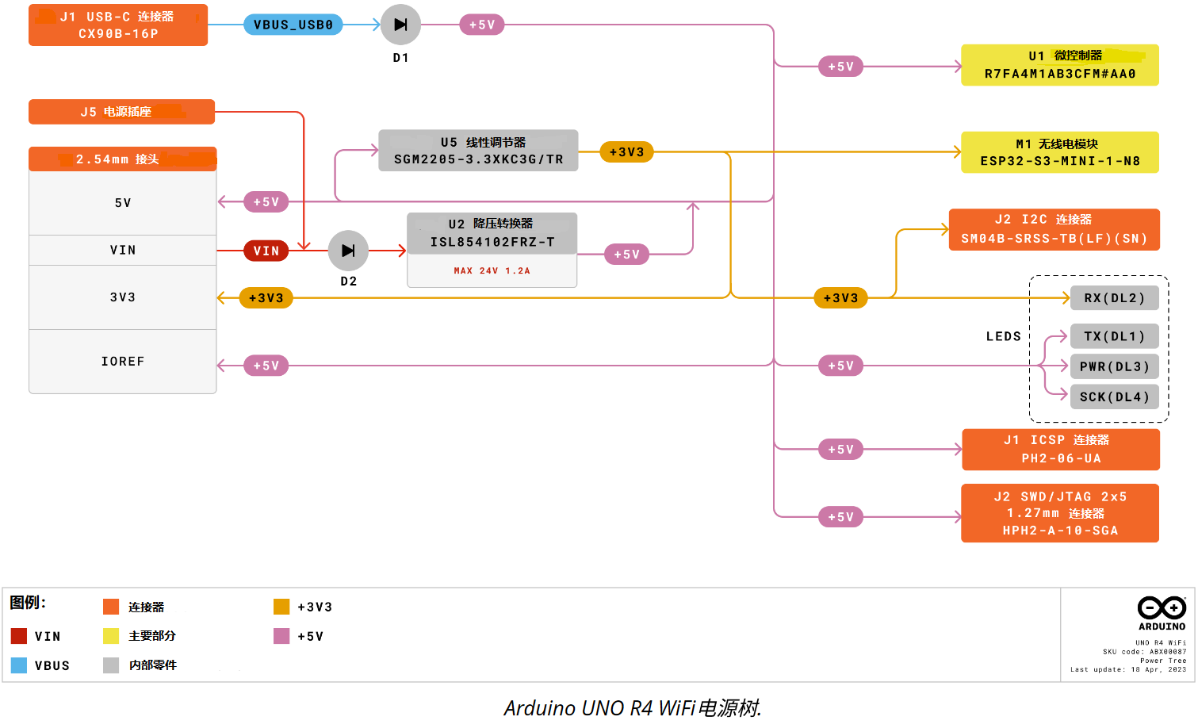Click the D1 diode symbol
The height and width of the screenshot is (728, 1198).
point(400,25)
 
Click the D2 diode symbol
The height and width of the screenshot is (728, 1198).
point(348,251)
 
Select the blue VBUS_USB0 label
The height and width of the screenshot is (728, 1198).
point(293,25)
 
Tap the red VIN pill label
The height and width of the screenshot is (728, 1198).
point(266,251)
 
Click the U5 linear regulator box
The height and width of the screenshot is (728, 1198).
point(478,151)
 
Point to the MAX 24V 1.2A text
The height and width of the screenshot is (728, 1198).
point(492,270)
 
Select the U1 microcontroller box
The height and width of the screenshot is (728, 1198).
point(1059,65)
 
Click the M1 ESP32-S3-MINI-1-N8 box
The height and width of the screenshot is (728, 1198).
point(1059,152)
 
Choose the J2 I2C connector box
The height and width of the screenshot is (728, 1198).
point(1054,229)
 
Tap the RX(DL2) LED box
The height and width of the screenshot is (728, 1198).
point(1115,298)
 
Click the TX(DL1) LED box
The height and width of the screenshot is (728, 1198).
point(1115,336)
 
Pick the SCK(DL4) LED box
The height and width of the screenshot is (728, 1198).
point(1115,397)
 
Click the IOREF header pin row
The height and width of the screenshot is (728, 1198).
point(122,362)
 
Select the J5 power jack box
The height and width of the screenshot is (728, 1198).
point(121,112)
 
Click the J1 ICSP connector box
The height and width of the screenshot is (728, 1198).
point(1061,450)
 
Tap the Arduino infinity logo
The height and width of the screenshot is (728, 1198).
point(1162,607)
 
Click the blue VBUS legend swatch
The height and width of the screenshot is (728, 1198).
point(19,665)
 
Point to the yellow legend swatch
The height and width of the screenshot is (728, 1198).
point(111,636)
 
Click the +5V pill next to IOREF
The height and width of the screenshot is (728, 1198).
point(266,366)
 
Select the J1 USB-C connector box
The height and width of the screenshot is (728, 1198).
point(118,25)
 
